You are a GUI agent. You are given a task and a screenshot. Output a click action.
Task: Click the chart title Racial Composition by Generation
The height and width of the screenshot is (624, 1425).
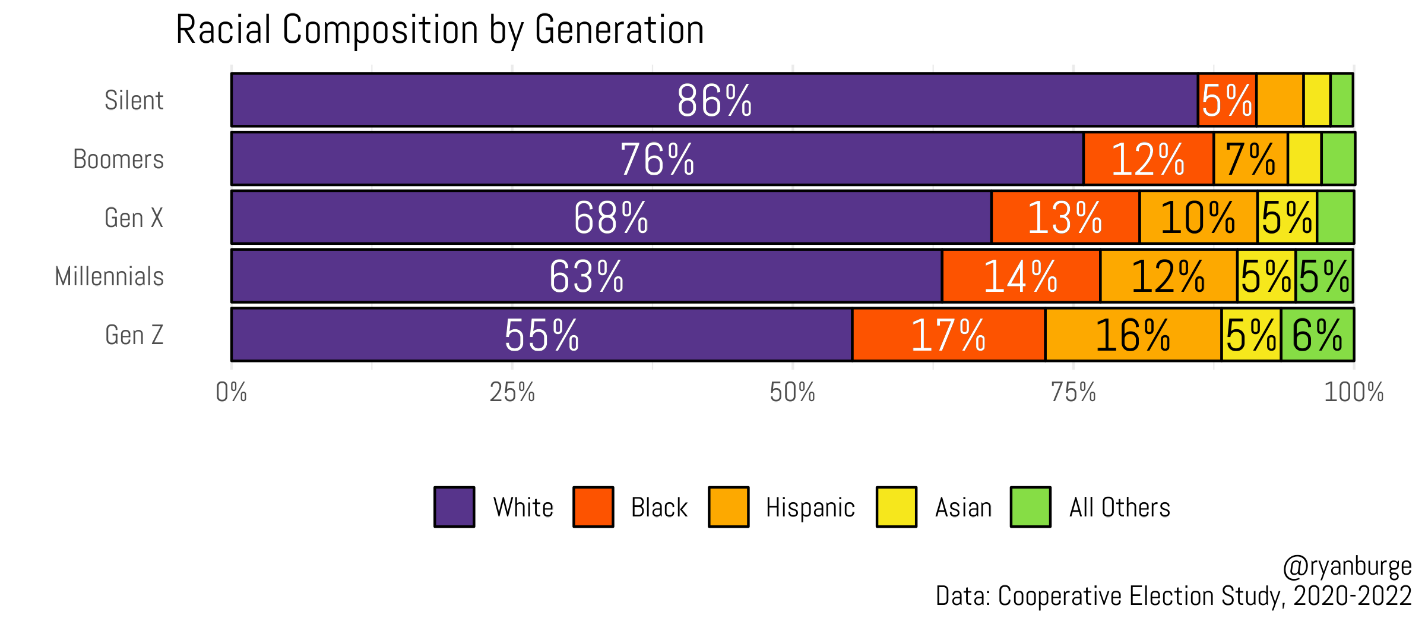439,30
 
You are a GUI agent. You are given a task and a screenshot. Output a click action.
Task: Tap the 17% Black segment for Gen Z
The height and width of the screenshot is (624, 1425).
948,335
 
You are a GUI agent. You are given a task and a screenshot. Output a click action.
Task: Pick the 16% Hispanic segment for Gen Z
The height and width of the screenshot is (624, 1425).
1133,335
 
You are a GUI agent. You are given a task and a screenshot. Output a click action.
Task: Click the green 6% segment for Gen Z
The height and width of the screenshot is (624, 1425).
1318,335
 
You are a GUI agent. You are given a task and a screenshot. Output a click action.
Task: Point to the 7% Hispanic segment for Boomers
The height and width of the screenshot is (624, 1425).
1250,159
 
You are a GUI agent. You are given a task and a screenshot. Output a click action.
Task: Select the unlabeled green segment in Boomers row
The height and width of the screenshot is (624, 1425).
1338,159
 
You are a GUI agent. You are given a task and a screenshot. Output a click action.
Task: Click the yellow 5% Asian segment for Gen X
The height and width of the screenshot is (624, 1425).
1287,218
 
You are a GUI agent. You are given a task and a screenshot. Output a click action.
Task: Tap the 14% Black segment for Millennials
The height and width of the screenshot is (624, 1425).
1021,276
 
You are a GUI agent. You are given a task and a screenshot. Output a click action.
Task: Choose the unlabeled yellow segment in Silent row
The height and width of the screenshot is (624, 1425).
1316,100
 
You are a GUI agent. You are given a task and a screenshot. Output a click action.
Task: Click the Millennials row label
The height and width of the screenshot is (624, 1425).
109,276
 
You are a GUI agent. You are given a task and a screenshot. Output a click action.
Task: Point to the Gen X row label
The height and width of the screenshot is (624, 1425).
134,218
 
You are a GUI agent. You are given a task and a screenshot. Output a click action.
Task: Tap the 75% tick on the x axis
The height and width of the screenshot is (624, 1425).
1073,392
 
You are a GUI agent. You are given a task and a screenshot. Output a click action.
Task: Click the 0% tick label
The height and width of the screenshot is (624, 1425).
231,392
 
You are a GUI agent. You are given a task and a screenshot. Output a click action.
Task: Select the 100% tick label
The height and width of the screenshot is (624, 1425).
1353,392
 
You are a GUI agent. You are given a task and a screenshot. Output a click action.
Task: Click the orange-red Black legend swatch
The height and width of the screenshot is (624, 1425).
593,507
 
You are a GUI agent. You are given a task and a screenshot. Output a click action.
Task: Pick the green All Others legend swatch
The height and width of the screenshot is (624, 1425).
1031,507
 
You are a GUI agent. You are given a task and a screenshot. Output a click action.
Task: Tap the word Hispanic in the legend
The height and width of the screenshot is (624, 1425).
810,508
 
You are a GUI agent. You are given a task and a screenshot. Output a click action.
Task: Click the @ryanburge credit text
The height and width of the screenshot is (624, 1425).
1347,566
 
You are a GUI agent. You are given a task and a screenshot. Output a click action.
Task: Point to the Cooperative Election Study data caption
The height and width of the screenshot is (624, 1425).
1173,596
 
